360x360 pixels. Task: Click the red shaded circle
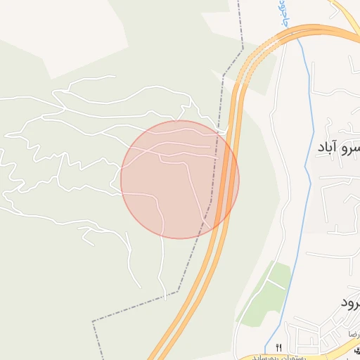[x=179, y=179]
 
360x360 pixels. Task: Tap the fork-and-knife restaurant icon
[x=279, y=347]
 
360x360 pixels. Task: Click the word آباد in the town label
[x=328, y=148]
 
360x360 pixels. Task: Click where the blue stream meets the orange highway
[x=295, y=32]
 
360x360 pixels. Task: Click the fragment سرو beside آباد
[x=351, y=148]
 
